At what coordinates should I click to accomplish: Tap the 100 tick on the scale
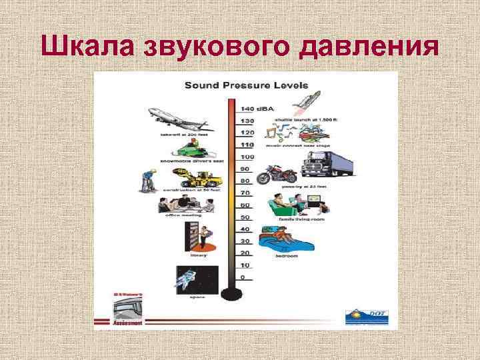247,157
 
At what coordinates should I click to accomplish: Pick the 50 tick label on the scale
247,217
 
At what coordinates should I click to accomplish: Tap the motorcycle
277,175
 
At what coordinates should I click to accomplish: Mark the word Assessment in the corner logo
128,323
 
